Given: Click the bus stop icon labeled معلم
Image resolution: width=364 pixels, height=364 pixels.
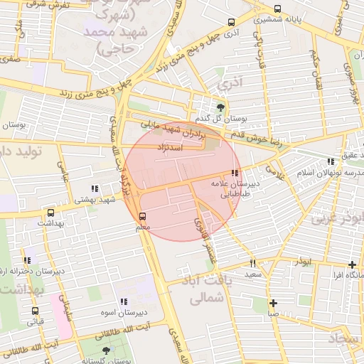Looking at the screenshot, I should tap(143, 215).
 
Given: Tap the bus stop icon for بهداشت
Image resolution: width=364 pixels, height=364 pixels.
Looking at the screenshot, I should tap(50, 213).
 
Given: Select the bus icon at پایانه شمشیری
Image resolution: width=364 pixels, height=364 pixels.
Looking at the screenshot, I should tap(277, 10).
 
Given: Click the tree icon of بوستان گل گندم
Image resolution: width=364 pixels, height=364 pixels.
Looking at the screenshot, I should tap(220, 107).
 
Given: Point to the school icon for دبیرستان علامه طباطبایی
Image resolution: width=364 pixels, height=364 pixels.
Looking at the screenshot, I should tap(235, 173).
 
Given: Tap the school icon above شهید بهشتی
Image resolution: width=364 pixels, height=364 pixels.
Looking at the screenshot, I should tap(95, 188).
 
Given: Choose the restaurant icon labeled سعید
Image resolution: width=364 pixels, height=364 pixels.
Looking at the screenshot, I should tap(253, 263).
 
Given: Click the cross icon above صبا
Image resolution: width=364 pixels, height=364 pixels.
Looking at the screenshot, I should tap(273, 303).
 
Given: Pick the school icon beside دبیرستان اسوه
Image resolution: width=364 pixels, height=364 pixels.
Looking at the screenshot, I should tap(124, 301).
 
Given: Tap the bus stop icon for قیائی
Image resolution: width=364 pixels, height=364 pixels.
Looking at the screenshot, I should tap(35, 311).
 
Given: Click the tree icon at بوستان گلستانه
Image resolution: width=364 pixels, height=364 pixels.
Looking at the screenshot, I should tap(106, 350).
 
